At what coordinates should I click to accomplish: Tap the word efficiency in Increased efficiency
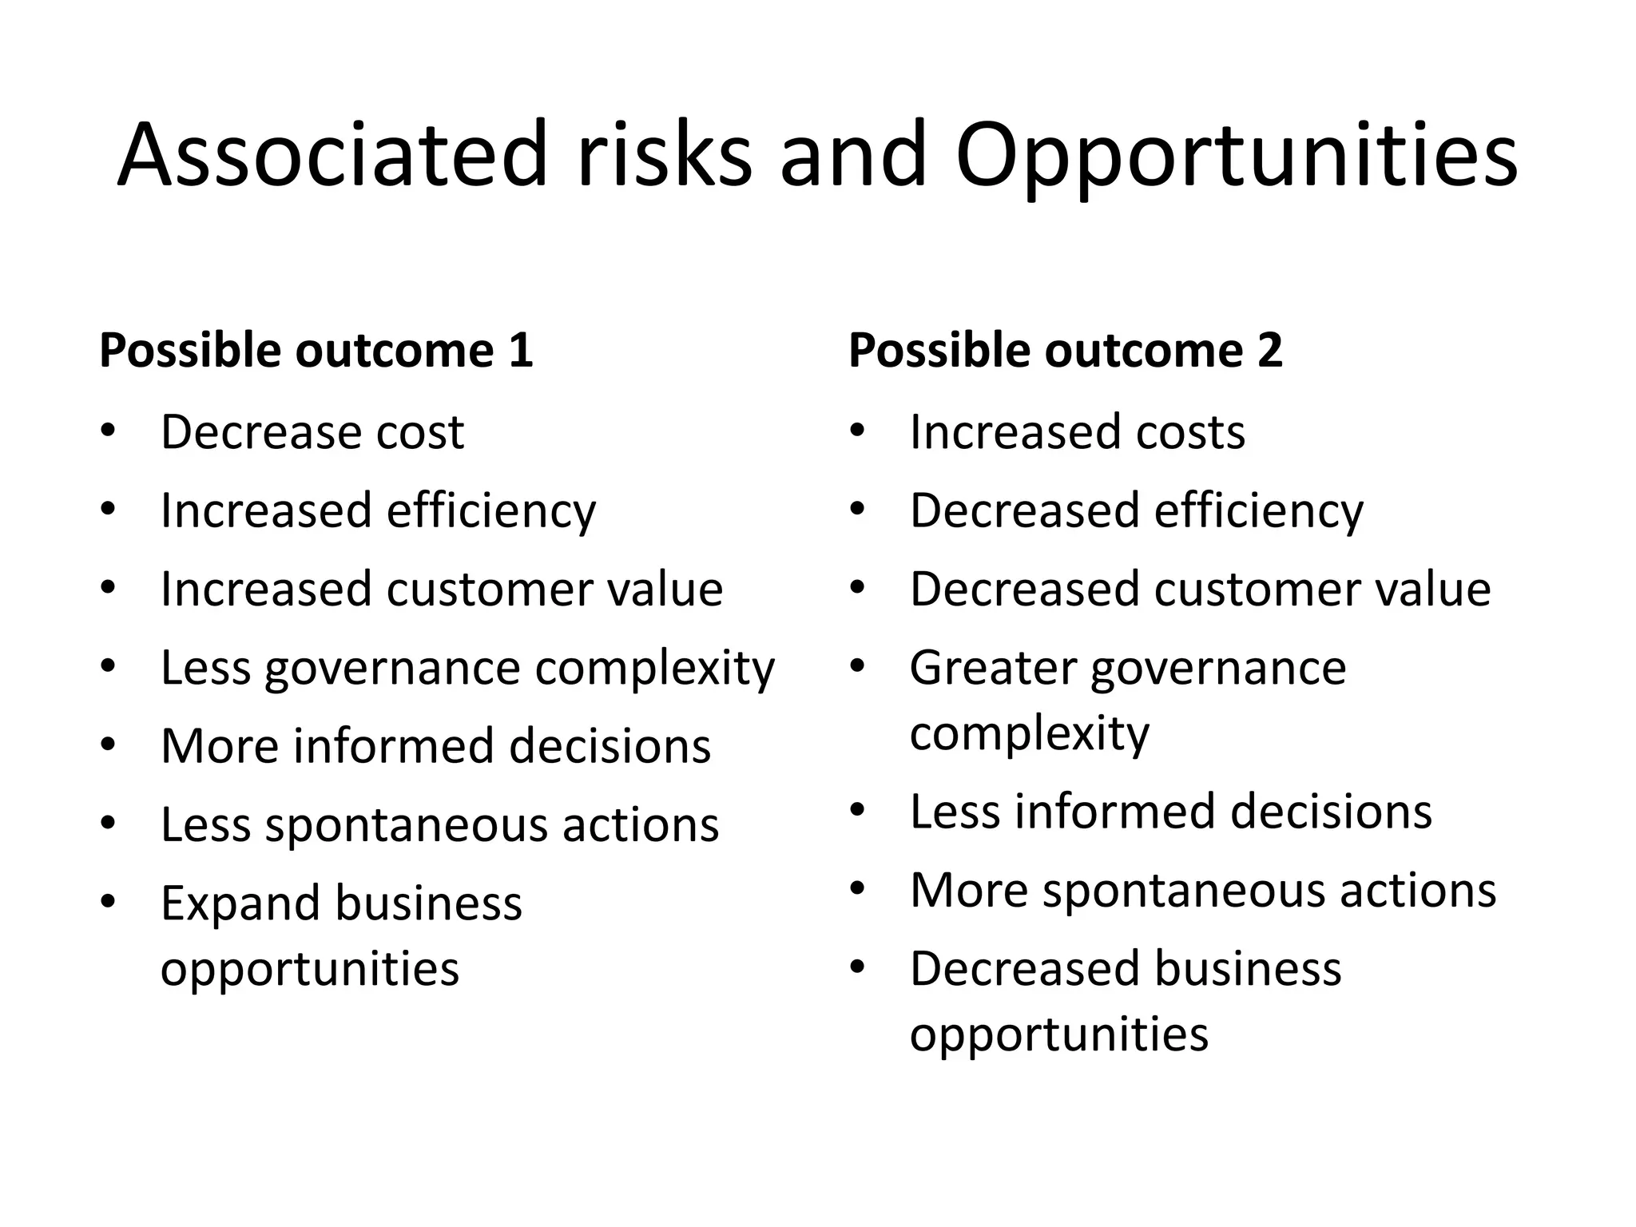point(491,511)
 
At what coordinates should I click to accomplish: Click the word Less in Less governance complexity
point(205,667)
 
